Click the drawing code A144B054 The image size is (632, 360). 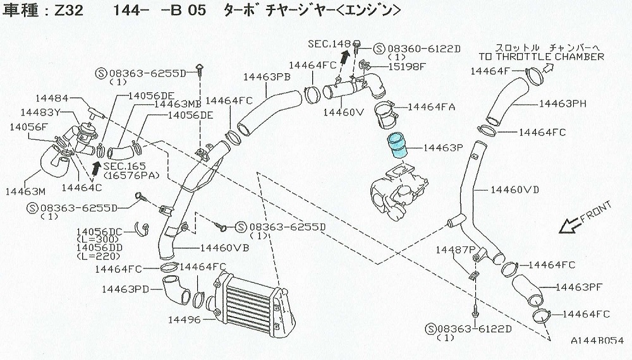pos(597,340)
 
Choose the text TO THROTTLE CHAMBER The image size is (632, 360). pos(541,56)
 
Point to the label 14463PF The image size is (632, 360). pos(578,287)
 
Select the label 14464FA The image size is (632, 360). pos(431,107)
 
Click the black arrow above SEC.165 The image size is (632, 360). pos(96,165)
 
